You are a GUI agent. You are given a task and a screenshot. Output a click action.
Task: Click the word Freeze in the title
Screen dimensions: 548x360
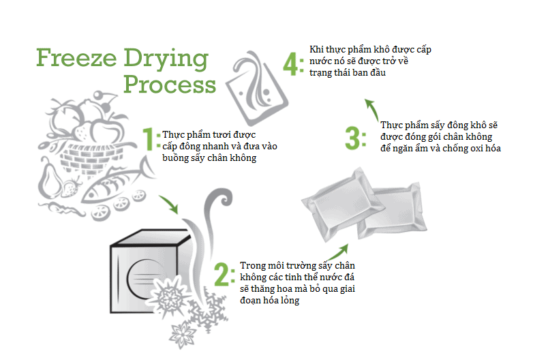76,58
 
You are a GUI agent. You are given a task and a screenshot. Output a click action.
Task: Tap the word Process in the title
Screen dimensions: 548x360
170,85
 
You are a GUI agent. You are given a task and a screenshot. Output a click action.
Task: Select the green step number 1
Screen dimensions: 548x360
149,139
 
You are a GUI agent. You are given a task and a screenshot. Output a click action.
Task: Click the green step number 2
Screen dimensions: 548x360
222,275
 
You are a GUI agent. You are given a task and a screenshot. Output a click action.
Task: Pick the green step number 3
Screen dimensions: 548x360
352,138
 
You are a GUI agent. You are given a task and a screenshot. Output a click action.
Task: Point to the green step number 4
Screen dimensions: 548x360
290,64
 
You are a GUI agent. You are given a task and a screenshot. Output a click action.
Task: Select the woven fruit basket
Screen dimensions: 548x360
93,157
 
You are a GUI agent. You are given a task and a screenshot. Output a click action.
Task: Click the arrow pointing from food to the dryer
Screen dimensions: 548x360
169,204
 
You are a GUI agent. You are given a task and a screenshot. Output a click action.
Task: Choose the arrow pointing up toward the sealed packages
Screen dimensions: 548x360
337,252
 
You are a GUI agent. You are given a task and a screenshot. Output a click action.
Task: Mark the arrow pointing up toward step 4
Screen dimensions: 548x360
372,109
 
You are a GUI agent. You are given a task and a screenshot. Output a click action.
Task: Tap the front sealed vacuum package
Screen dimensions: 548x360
342,204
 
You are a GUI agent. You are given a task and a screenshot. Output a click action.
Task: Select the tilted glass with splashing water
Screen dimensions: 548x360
257,89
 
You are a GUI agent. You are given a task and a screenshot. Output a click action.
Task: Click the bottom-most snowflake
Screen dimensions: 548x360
182,334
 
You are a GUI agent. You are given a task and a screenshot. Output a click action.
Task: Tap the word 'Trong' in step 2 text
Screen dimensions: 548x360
252,266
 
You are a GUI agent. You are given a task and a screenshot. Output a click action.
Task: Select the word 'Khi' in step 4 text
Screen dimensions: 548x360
316,49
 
